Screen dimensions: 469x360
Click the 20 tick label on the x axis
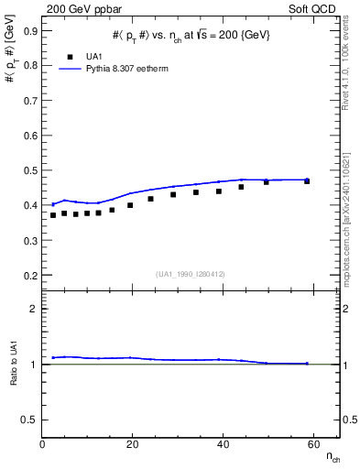click(x=132, y=444)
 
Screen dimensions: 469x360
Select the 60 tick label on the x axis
click(x=311, y=444)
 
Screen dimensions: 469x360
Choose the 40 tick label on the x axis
click(x=222, y=444)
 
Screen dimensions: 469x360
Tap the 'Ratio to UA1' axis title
click(x=15, y=364)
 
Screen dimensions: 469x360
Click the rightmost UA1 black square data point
click(x=307, y=181)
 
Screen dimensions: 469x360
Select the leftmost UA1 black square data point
click(x=53, y=215)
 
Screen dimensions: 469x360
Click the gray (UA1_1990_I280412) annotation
click(x=191, y=274)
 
